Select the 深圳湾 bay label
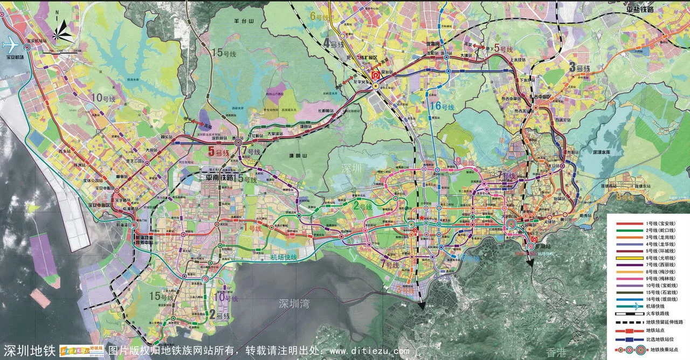coord(292,303)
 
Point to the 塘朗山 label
coord(289,155)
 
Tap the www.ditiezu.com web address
coord(369,352)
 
